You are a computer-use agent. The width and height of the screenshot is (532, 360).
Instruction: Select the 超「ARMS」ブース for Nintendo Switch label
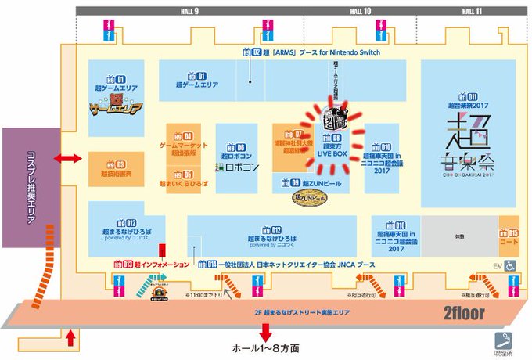point(311,52)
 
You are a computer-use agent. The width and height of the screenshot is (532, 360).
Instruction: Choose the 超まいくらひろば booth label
point(184,182)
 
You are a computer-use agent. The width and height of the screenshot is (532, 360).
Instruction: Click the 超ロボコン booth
point(235,157)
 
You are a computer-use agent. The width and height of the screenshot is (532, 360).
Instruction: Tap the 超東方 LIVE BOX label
point(331,150)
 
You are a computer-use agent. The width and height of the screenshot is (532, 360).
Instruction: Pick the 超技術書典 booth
point(115,167)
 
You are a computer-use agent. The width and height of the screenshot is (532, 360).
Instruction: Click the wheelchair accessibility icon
point(509,266)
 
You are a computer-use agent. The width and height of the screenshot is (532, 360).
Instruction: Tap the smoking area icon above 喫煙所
point(502,341)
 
